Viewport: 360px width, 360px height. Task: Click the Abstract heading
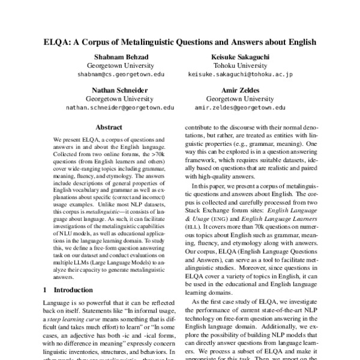(109, 127)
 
